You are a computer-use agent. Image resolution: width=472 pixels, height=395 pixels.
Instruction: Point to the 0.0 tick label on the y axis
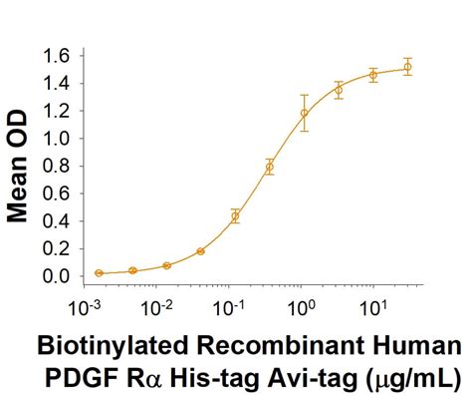point(57,276)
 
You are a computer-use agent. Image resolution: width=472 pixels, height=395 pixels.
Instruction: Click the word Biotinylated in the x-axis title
point(109,348)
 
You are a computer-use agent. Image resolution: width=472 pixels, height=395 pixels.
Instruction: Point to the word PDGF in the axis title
point(79,378)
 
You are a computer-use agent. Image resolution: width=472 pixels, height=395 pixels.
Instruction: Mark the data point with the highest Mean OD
point(407,68)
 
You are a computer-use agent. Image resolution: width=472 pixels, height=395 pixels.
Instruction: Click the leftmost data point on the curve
point(98,272)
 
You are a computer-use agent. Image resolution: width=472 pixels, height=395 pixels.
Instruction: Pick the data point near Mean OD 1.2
point(304,113)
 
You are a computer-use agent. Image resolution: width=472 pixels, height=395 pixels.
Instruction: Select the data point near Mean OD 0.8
point(269,167)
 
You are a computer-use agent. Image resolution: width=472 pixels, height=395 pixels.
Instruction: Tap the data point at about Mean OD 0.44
point(235,215)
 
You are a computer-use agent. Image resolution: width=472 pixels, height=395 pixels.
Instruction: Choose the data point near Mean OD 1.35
point(339,90)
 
